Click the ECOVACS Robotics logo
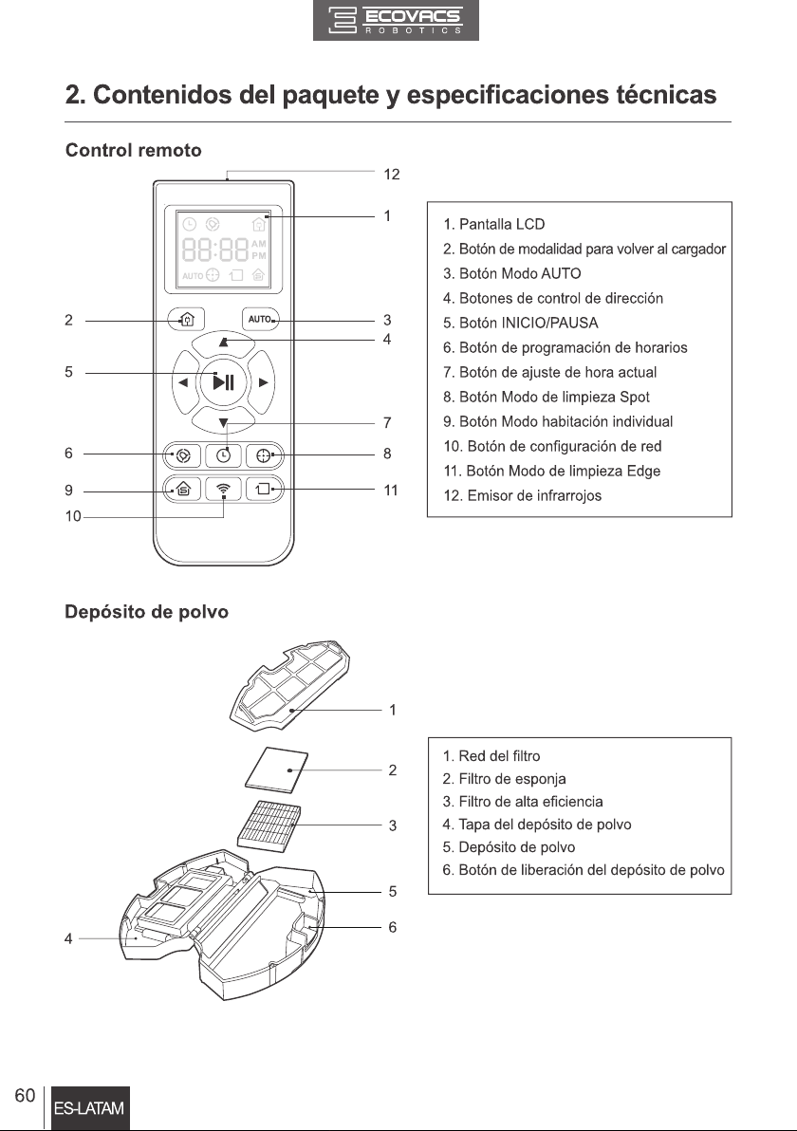pyautogui.click(x=396, y=20)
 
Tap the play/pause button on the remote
pyautogui.click(x=224, y=381)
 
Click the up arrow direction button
pyautogui.click(x=224, y=343)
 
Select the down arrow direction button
pyautogui.click(x=224, y=421)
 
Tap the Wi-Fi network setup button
pyautogui.click(x=224, y=490)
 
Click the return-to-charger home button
pyautogui.click(x=186, y=319)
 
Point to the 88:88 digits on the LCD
pyautogui.click(x=215, y=250)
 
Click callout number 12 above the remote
pyautogui.click(x=392, y=174)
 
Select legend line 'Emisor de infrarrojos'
pyautogui.click(x=522, y=495)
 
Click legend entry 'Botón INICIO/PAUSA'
pyautogui.click(x=521, y=323)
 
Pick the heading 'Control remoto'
pyautogui.click(x=134, y=150)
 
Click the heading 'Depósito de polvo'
pyautogui.click(x=146, y=612)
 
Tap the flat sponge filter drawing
pyautogui.click(x=276, y=769)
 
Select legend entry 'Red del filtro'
pyautogui.click(x=491, y=756)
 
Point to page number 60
pyautogui.click(x=25, y=1096)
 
